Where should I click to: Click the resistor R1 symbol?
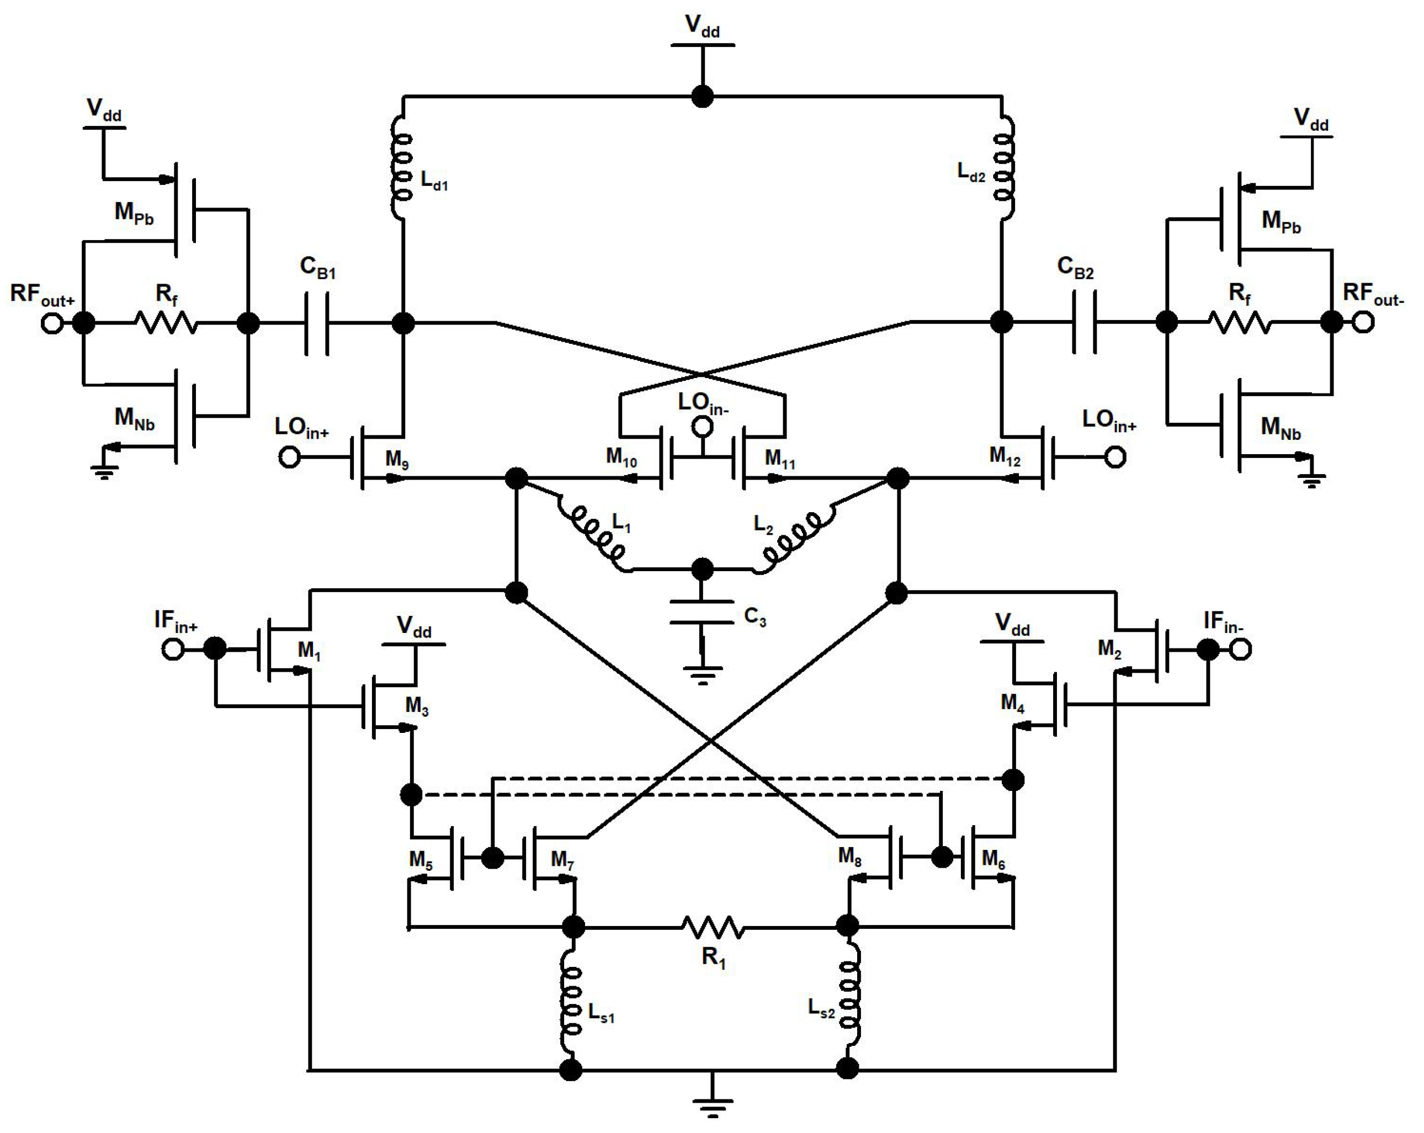coord(713,927)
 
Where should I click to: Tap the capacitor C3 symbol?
coord(702,612)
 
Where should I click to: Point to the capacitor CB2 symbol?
coord(1084,323)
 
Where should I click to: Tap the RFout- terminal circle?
coord(1363,322)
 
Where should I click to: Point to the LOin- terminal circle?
coord(702,427)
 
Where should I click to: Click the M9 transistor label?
coord(397,459)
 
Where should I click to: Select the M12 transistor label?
coord(1005,456)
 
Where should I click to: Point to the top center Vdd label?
coord(702,26)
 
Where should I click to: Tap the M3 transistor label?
coord(417,706)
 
